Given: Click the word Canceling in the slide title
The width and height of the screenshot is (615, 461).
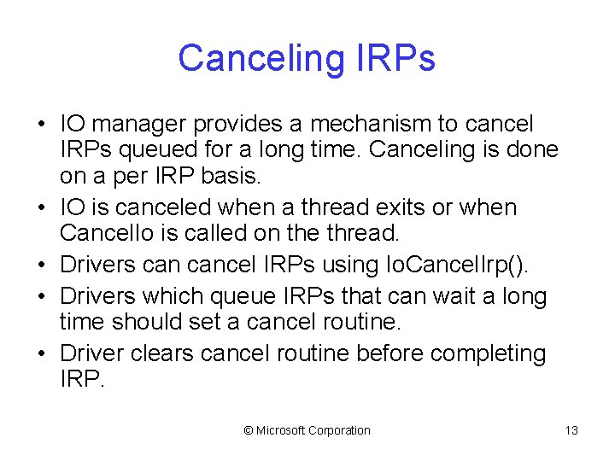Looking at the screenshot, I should point(256,59).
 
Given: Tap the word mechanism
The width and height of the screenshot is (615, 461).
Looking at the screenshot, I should point(358,124).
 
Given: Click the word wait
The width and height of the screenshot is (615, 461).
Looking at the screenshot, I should point(449,296).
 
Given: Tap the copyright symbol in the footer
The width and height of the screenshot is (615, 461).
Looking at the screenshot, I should point(249,430).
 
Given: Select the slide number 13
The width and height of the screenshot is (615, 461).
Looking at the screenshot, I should point(571,430).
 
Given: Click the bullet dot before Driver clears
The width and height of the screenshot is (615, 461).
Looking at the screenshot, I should point(41,353).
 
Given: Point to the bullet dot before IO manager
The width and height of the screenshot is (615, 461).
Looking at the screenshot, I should point(41,124).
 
